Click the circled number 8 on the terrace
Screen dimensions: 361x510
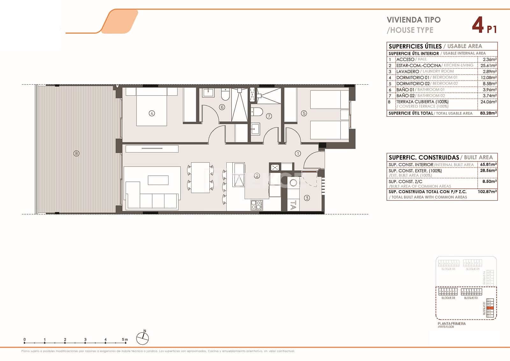[76, 154]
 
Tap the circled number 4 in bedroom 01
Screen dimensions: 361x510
[152, 113]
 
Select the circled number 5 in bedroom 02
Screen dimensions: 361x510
[304, 113]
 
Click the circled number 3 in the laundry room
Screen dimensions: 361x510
[307, 198]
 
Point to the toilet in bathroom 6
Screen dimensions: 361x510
[225, 94]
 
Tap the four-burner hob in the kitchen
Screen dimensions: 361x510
[257, 205]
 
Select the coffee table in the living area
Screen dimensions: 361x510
[158, 180]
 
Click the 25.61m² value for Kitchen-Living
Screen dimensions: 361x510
[489, 66]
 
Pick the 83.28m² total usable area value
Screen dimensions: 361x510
[488, 113]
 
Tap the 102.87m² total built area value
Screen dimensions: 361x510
[488, 192]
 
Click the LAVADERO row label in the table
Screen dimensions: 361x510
[407, 72]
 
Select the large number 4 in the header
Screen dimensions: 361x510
[477, 25]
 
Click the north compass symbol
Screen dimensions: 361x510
[142, 338]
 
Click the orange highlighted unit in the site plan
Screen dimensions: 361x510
[491, 308]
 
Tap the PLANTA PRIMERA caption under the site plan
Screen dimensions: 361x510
[451, 323]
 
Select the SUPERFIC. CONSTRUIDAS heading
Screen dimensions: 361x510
[424, 157]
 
